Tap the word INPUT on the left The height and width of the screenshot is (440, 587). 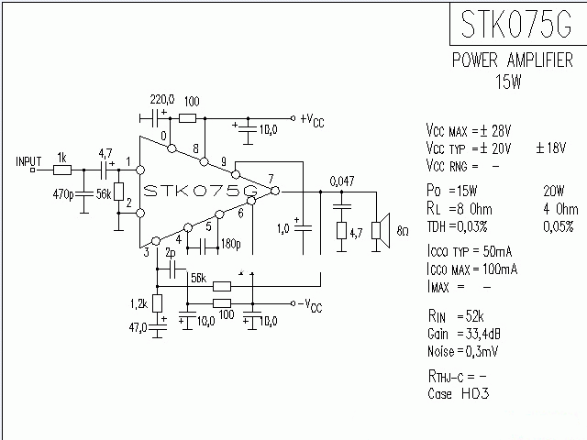28,161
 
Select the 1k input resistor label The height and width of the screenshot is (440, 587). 61,157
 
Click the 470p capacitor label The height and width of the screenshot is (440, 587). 62,194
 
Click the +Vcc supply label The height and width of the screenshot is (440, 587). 313,119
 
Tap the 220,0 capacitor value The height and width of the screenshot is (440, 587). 161,99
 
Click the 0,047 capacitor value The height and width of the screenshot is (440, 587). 342,182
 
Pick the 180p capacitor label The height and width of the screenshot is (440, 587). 229,245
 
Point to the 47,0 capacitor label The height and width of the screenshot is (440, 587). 138,325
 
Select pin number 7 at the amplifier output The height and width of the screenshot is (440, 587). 270,178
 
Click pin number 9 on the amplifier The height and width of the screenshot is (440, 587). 223,162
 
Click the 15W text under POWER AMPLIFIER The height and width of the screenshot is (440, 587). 508,82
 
